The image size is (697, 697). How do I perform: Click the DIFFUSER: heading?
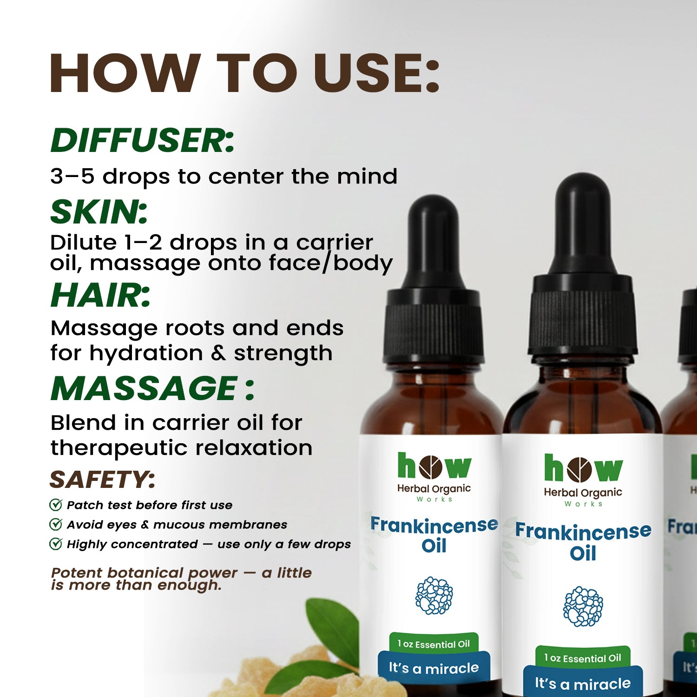point(142,140)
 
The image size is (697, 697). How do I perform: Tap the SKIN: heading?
point(99,212)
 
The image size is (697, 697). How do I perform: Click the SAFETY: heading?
point(102,480)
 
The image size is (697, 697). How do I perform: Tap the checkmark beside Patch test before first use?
point(56,505)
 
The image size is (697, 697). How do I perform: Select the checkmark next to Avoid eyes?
point(56,524)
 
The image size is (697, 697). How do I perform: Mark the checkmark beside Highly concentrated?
point(56,544)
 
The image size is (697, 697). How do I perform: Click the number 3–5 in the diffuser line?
point(72,177)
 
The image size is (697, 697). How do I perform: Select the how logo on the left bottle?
point(434,466)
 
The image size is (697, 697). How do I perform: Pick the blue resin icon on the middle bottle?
point(583,606)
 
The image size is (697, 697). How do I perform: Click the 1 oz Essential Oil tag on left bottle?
point(434,644)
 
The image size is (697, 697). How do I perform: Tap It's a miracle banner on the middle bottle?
point(583,683)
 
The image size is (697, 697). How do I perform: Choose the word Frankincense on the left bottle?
point(434,526)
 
